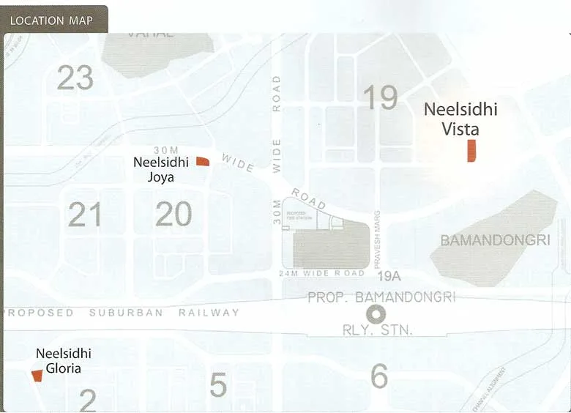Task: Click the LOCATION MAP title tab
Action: [x=51, y=20]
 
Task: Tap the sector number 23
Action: [x=75, y=78]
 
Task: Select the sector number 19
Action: [x=380, y=97]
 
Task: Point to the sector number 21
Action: [x=85, y=215]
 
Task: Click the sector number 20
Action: [x=173, y=215]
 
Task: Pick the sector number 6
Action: [x=379, y=376]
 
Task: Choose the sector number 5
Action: [x=218, y=385]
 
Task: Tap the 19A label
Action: [x=390, y=276]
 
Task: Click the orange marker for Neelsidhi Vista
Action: [x=472, y=150]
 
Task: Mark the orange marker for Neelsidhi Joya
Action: [x=203, y=161]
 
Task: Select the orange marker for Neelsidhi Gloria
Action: [x=37, y=376]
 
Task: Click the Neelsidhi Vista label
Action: [x=461, y=119]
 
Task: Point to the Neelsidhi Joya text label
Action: [x=160, y=170]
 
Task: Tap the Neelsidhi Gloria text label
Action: [x=64, y=360]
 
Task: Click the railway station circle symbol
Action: [x=376, y=314]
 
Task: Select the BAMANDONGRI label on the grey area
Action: [x=495, y=240]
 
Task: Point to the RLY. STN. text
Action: [x=378, y=330]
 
